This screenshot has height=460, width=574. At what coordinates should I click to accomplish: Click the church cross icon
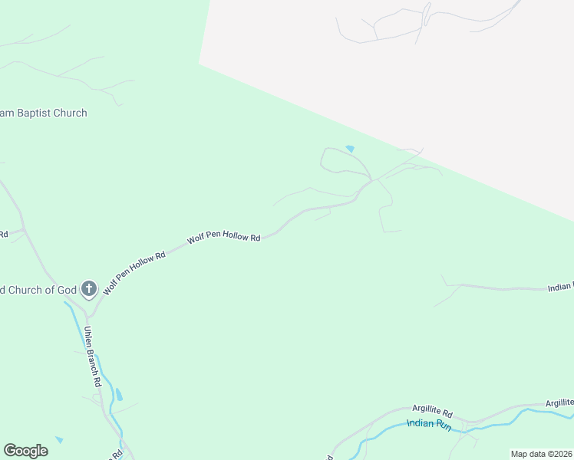88,289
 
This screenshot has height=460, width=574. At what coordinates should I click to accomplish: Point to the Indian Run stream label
429,423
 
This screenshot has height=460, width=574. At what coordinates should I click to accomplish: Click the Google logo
25,451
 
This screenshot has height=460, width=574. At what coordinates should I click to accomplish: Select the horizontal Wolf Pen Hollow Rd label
224,238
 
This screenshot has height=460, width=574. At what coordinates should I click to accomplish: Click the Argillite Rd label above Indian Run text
433,410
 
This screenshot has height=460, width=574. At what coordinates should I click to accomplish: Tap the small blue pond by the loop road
350,149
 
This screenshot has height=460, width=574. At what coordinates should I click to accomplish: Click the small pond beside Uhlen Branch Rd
118,395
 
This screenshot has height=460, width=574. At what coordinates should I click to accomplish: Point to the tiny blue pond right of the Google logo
59,440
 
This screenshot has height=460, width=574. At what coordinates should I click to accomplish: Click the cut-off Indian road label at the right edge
561,287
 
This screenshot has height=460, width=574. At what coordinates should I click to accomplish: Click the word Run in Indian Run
444,424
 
